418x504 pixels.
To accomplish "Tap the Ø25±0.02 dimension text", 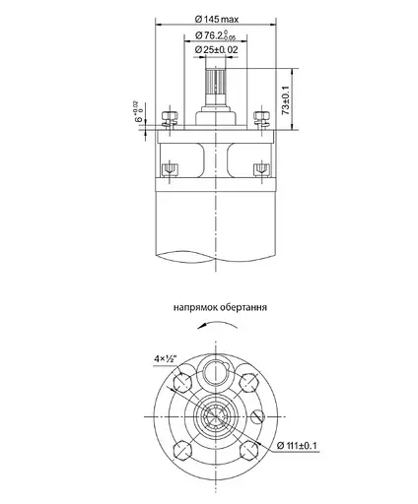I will pos(215,49).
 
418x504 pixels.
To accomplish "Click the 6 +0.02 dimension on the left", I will pos(139,115).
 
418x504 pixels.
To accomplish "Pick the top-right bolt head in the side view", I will pos(261,118).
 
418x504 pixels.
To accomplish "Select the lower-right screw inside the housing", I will pos(261,168).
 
